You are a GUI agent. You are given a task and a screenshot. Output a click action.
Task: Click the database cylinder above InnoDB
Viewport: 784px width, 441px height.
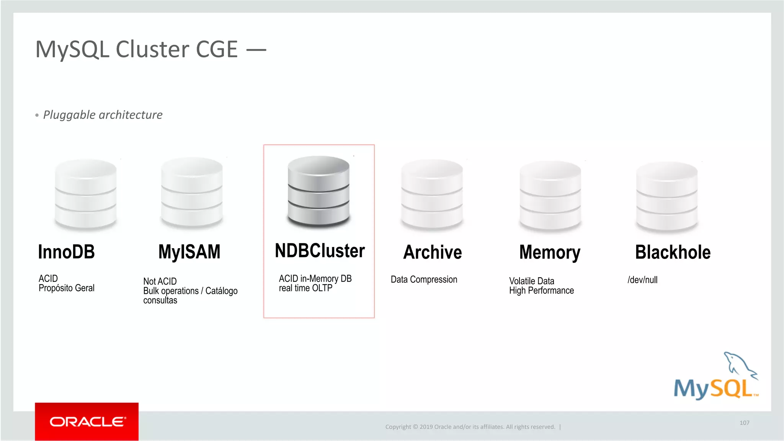coord(85,194)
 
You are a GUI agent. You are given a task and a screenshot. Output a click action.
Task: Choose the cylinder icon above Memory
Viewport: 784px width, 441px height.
coord(550,196)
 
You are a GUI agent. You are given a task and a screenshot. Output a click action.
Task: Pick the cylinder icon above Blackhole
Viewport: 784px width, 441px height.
coord(667,197)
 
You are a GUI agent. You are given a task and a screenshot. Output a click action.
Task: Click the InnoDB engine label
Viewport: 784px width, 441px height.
coord(66,252)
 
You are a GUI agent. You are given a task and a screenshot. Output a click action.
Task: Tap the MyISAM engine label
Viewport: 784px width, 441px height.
coord(189,252)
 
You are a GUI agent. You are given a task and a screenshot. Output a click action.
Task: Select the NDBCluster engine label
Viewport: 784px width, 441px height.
coord(320,251)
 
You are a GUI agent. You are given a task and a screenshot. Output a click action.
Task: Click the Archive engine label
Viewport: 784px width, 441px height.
coord(433,252)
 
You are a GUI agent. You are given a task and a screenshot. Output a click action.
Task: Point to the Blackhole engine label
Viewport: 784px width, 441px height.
coord(673,252)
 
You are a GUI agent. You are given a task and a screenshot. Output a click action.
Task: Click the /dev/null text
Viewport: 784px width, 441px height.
coord(642,280)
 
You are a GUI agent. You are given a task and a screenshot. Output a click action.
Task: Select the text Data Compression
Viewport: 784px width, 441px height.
coord(424,280)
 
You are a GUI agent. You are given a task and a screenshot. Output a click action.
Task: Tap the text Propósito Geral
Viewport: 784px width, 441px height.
coord(67,288)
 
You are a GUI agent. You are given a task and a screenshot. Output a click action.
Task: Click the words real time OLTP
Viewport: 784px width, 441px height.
coord(305,288)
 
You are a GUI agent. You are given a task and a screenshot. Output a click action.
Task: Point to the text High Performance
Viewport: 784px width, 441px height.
coord(541,291)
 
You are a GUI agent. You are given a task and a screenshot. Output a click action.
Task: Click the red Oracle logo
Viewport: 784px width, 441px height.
coord(87,421)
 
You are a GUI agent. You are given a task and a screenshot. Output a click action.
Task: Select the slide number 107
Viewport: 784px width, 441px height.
coord(744,423)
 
